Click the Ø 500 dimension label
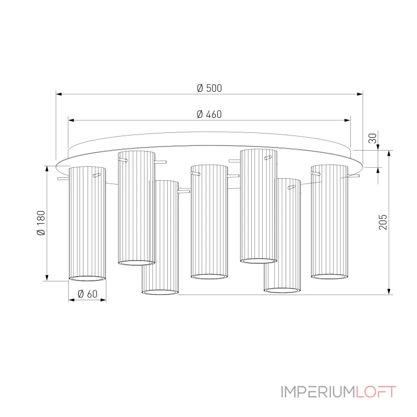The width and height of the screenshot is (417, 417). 209,88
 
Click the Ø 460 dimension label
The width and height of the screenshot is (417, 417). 209,114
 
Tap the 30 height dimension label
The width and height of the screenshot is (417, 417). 372,138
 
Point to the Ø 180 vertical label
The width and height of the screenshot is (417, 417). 41,223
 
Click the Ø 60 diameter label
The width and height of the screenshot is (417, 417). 87,294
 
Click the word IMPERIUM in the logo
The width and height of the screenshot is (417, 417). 318,392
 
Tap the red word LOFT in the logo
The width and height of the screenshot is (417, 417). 376,392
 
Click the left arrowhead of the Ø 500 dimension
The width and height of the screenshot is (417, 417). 59,94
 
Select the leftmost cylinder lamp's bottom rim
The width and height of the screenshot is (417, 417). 87,278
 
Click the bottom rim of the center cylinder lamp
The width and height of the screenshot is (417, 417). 209,276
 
